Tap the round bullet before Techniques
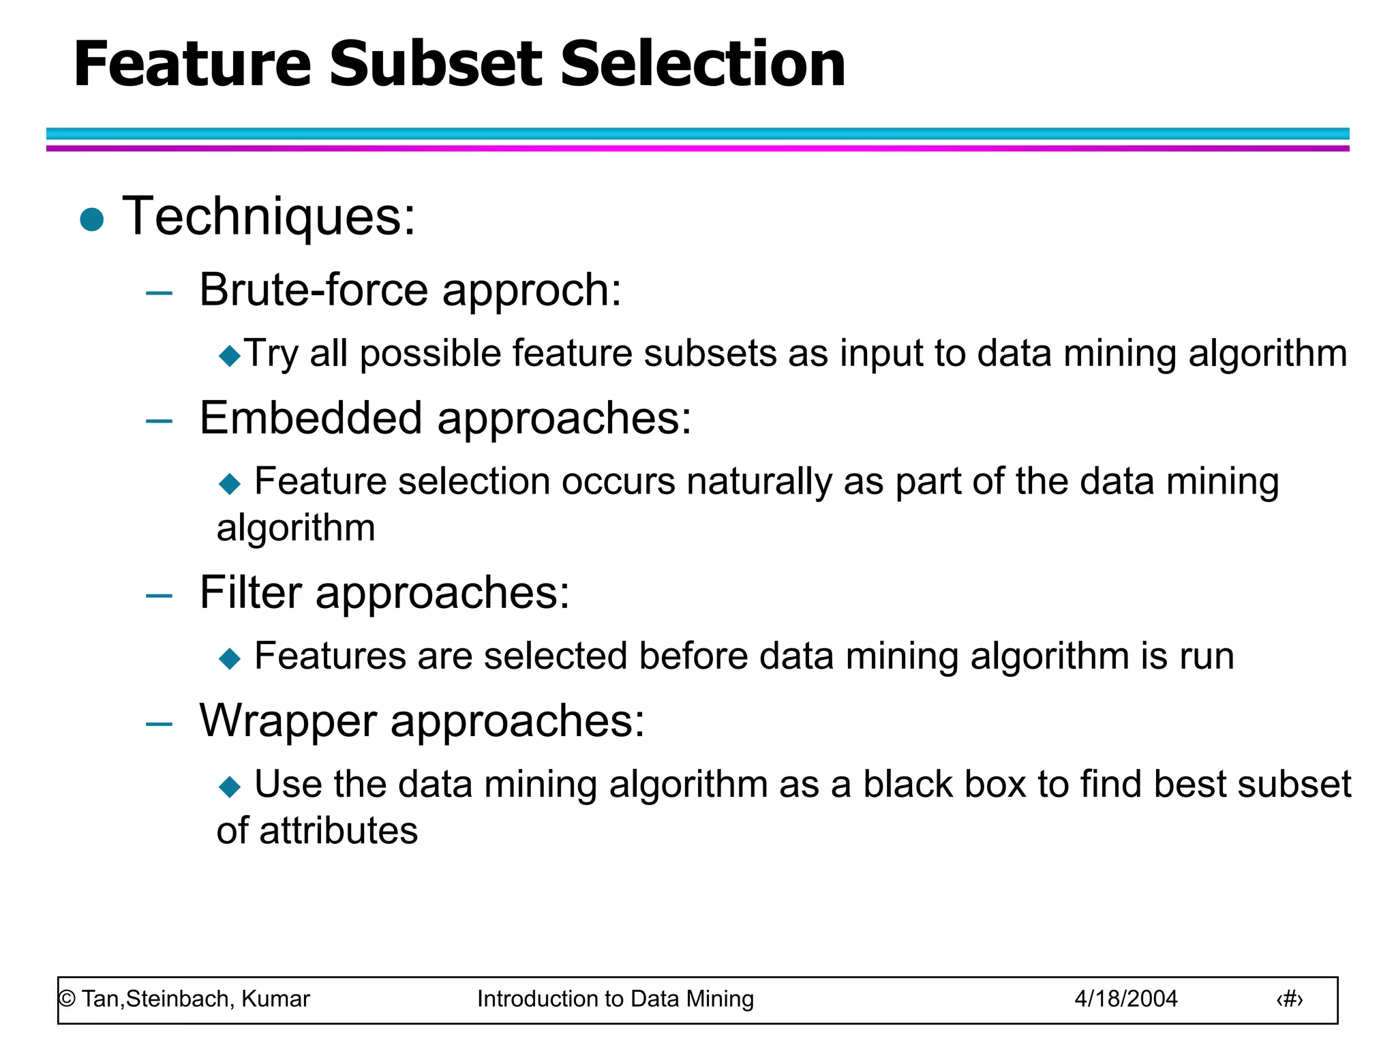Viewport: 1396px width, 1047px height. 91,219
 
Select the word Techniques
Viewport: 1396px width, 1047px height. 269,217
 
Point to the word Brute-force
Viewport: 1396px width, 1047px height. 313,290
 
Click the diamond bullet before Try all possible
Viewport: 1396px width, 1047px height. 230,355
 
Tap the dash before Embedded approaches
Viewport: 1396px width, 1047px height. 159,421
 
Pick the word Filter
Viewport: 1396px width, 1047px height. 250,592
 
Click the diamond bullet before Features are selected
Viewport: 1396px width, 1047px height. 230,658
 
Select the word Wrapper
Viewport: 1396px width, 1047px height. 288,720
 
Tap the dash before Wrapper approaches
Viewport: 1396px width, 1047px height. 159,724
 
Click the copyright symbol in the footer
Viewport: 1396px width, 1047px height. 67,999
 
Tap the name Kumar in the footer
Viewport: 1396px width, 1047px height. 275,999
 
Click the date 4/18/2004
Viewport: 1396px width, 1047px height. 1125,999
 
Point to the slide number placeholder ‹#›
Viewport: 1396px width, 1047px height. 1289,1000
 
